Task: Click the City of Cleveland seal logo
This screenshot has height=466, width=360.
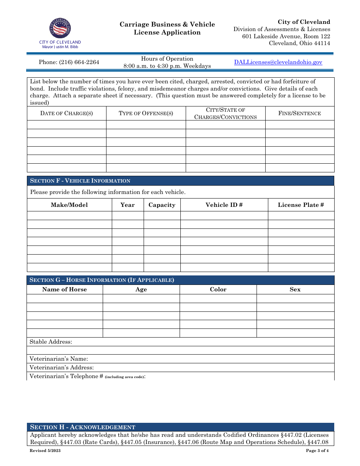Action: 60,28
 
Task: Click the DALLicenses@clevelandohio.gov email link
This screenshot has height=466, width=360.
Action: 278,62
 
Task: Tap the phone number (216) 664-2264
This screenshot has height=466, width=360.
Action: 69,62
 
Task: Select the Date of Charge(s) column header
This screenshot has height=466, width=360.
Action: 67,113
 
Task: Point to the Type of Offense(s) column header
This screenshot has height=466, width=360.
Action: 146,113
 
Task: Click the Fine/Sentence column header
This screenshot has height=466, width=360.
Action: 299,113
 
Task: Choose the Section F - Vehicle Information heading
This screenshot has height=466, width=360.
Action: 80,181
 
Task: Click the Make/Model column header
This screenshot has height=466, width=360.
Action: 69,205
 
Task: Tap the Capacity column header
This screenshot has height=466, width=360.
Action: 162,205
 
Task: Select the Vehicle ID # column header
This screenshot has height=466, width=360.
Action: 224,205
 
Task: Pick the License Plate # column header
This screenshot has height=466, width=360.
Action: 301,205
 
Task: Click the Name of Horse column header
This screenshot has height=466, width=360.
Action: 64,289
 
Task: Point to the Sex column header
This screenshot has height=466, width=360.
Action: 295,289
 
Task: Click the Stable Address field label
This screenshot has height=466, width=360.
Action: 51,342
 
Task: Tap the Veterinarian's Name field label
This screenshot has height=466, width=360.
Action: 59,359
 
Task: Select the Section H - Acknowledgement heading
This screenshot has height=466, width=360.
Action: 83,427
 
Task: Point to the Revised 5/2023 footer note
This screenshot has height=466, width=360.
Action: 45,450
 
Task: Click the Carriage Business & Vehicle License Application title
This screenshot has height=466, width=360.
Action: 167,28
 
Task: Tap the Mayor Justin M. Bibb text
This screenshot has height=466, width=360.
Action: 60,47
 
